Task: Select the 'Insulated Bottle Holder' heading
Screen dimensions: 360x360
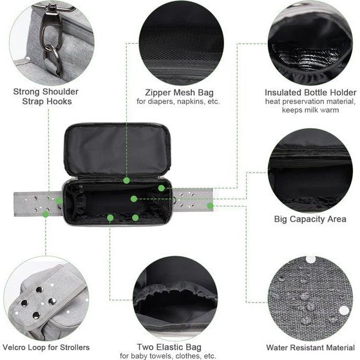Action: coord(310,91)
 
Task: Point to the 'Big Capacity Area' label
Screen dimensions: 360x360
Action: coord(310,219)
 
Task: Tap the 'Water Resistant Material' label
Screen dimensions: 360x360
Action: coord(310,347)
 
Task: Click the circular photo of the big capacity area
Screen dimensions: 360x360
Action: coord(310,170)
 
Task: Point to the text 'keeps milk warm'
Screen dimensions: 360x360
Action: coord(310,109)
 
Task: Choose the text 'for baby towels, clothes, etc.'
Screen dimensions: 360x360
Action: coord(177,355)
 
